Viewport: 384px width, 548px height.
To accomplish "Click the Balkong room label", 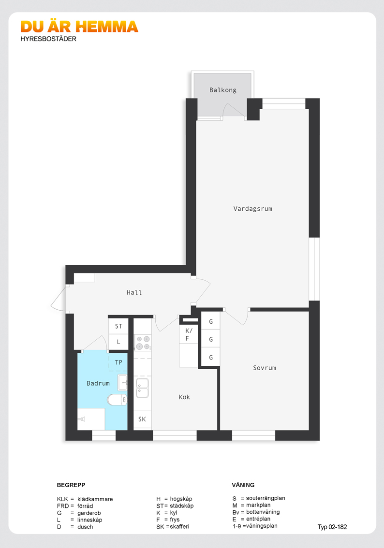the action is click(223, 90).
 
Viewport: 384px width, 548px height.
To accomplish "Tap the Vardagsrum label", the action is click(253, 209).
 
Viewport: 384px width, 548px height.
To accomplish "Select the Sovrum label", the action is click(265, 368).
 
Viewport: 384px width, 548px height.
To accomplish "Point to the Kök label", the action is click(184, 397).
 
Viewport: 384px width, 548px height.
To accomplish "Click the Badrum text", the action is click(98, 383).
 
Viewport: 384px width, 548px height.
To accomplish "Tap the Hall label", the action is click(134, 292).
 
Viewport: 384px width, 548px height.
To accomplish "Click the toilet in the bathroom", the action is click(117, 400).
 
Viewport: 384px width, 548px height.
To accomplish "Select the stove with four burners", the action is click(143, 343).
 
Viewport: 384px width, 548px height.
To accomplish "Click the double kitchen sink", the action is click(142, 388).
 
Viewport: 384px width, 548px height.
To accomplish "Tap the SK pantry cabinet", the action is click(142, 419).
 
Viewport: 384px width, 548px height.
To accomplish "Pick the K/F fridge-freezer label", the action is click(189, 334).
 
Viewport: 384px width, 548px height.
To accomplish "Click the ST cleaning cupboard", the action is click(118, 326).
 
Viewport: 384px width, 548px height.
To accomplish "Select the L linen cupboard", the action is click(118, 342).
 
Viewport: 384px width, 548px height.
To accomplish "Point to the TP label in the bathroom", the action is click(118, 362).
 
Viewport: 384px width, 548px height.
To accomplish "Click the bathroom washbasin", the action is click(122, 383).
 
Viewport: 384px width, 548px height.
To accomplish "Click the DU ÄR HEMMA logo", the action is click(79, 27).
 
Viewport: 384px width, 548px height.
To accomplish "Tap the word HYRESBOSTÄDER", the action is click(48, 39).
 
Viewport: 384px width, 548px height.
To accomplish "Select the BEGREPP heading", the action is click(71, 485).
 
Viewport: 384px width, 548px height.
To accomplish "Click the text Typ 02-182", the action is click(332, 527).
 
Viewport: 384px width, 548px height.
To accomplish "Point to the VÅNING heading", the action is click(243, 485).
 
